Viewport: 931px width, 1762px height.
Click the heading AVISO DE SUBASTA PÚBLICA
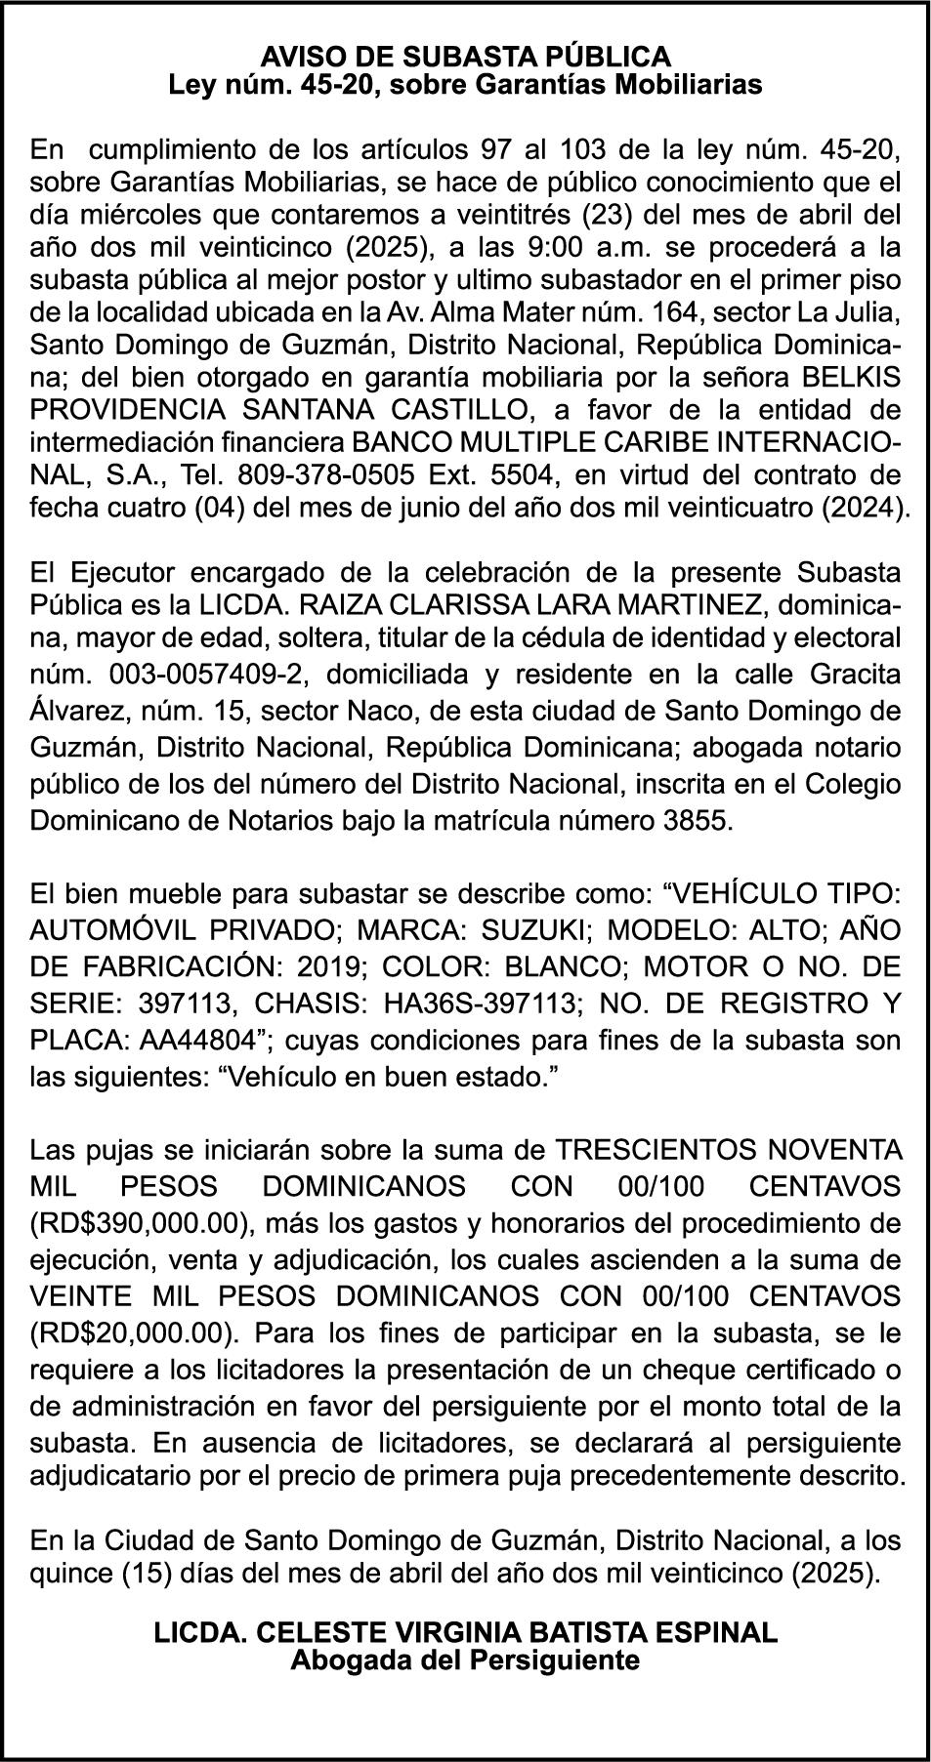point(465,55)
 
